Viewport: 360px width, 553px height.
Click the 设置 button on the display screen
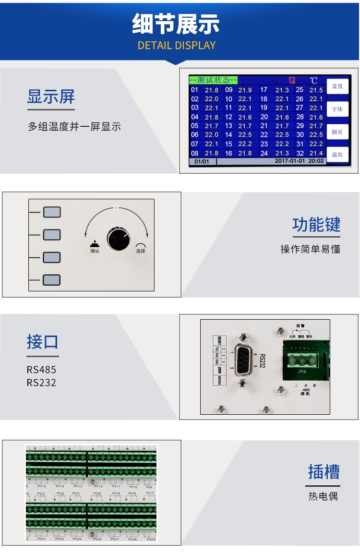(x=337, y=86)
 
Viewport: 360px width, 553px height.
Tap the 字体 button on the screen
(x=337, y=109)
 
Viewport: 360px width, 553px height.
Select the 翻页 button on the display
(x=337, y=132)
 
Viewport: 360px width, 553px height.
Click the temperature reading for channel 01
(x=212, y=90)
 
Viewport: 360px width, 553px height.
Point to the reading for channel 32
(x=316, y=153)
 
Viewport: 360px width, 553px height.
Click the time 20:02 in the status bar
(x=315, y=161)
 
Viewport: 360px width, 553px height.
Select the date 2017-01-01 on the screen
(x=289, y=161)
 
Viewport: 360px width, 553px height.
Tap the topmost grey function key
(x=52, y=212)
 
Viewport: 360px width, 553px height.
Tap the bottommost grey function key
(x=52, y=280)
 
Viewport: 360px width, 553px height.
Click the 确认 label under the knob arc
(x=95, y=251)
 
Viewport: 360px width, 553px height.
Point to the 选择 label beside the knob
(x=140, y=251)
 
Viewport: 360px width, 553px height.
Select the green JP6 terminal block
(x=301, y=359)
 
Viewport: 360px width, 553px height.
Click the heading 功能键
(x=316, y=225)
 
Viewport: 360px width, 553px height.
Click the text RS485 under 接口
(x=41, y=370)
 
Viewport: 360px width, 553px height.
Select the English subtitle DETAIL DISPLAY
(x=177, y=46)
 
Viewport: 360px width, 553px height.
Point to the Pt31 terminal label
(x=42, y=539)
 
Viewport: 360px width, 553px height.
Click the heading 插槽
(x=324, y=472)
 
